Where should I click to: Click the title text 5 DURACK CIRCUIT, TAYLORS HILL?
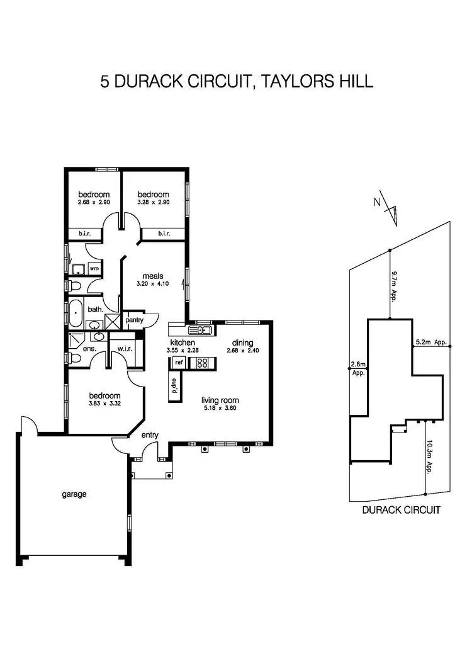tap(237, 82)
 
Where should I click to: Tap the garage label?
tap(74, 494)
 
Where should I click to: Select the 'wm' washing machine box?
tap(94, 269)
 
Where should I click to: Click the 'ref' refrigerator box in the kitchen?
tap(179, 362)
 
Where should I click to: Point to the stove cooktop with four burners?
tap(203, 363)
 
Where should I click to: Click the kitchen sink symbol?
tap(203, 329)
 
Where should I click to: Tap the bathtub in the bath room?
tap(75, 312)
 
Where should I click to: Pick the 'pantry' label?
tap(135, 320)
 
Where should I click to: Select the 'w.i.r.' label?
tap(123, 350)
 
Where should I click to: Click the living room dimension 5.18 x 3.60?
tap(220, 408)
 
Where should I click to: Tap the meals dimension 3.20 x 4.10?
tap(153, 284)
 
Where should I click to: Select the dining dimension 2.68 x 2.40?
tap(242, 350)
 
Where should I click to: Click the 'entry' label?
tap(150, 435)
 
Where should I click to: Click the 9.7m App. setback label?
tap(395, 286)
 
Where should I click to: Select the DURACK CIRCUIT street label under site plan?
tap(401, 510)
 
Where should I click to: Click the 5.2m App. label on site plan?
tap(431, 342)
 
